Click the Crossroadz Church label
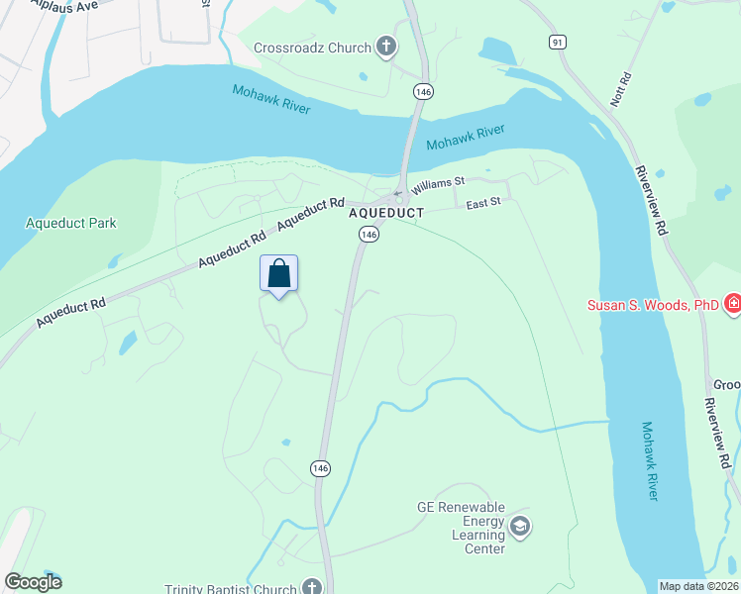[x=312, y=48]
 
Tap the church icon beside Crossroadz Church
[x=385, y=47]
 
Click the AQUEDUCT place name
[x=386, y=213]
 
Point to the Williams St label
[x=439, y=183]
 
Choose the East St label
[x=484, y=203]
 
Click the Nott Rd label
[x=620, y=90]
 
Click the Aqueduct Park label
[x=70, y=223]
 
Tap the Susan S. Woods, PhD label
[x=652, y=305]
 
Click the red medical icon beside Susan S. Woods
[x=732, y=303]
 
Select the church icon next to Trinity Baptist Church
[x=313, y=587]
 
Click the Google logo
[x=33, y=582]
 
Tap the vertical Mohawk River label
[x=648, y=460]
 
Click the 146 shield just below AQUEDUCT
[x=369, y=235]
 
